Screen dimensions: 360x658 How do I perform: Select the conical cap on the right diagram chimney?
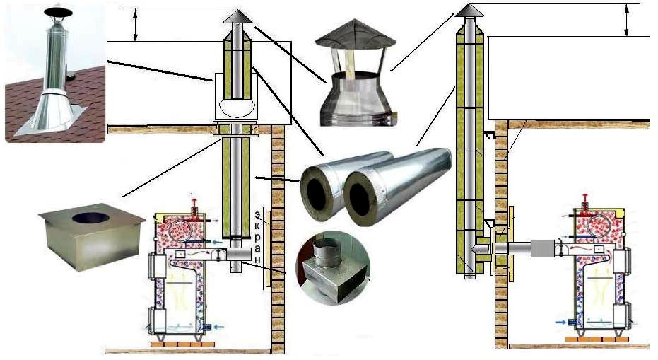click(x=468, y=10)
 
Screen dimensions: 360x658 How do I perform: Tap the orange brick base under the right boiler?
click(x=593, y=339)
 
